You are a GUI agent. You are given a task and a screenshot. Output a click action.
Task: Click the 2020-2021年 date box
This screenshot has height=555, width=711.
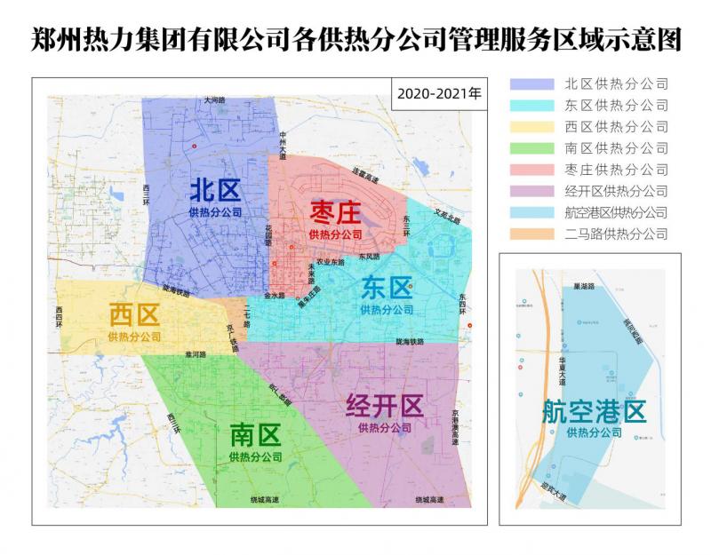pos(438,93)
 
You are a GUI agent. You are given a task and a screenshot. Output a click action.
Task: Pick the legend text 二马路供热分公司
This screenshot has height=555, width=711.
pos(616,234)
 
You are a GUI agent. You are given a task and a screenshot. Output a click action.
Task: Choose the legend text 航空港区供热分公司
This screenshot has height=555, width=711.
pos(616,212)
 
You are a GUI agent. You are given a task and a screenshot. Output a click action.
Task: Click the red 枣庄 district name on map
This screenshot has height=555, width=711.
pos(335,213)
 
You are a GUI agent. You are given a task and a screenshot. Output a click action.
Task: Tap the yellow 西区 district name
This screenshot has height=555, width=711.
pos(134,315)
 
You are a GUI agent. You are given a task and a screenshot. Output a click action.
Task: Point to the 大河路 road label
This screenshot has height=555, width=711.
pos(214,101)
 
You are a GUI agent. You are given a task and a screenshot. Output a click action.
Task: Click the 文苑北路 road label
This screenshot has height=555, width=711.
pos(448,214)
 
